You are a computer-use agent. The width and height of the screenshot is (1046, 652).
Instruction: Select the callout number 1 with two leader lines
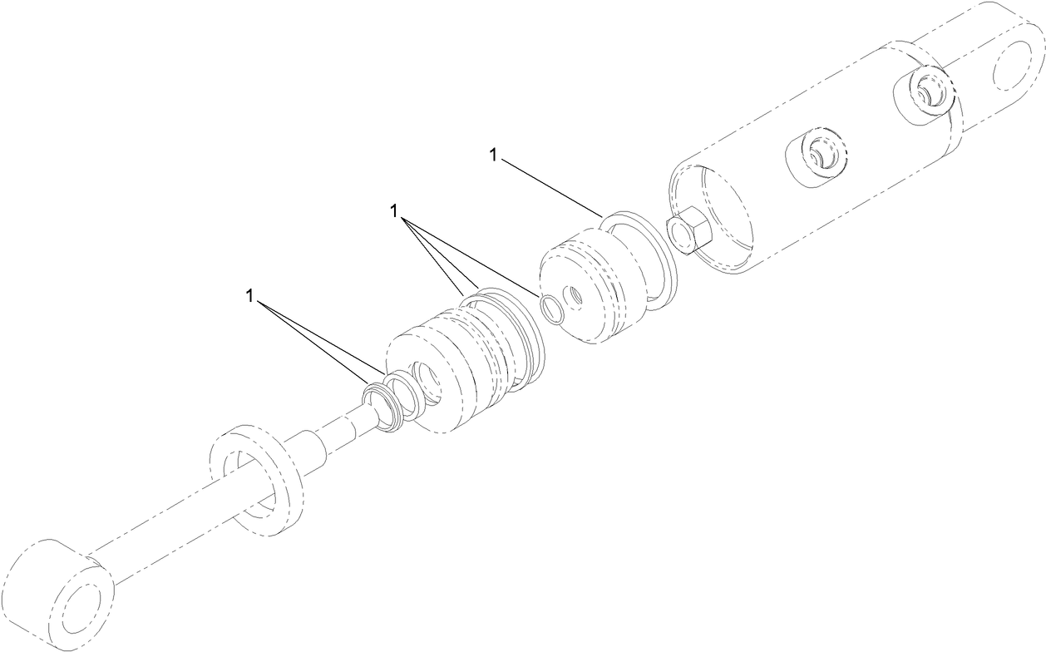tap(249, 295)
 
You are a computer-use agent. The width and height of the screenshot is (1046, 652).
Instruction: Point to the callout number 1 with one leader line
tap(494, 156)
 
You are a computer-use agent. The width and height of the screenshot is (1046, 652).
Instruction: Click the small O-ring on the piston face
tap(550, 307)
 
